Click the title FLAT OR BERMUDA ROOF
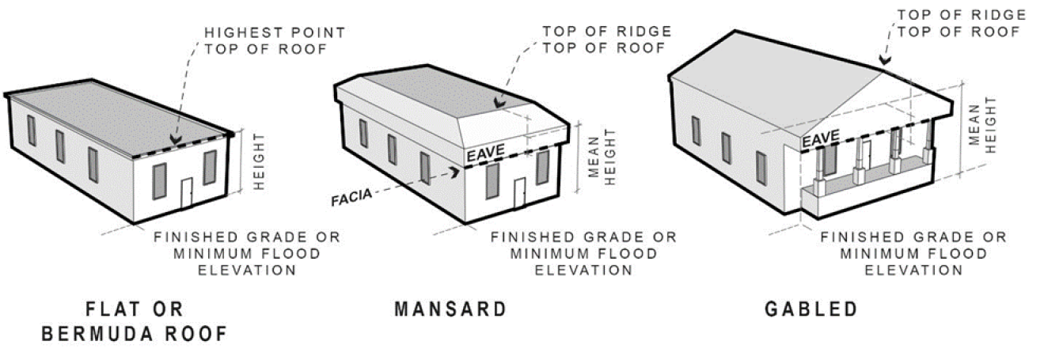pos(134,321)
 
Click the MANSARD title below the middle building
pos(450,309)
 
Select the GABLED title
pos(811,309)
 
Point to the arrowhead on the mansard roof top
pos(497,103)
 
